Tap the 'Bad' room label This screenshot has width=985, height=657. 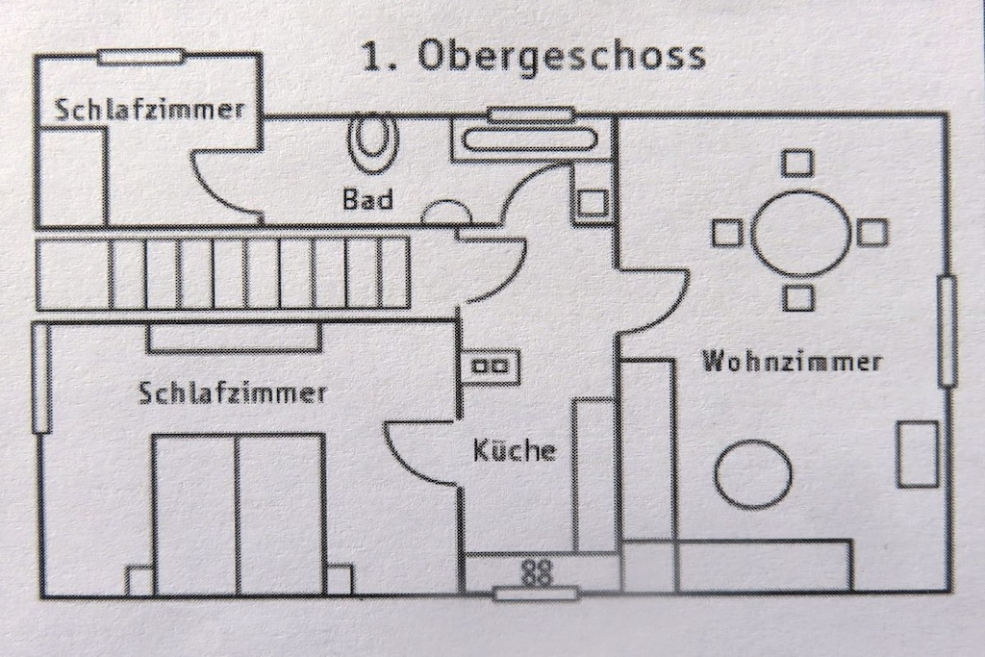[368, 199]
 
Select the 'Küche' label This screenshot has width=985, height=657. [515, 450]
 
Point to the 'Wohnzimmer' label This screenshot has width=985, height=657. [792, 361]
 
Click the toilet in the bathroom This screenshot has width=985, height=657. [374, 143]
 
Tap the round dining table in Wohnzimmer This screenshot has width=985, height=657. [800, 232]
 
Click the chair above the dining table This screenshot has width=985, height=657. [797, 164]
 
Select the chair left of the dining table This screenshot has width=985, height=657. [727, 232]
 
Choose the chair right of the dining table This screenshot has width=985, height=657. [871, 232]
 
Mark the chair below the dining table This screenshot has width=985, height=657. [798, 297]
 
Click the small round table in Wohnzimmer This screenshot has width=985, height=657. [753, 473]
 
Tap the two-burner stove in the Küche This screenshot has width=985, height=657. [492, 366]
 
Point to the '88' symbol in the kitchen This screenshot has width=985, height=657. [537, 572]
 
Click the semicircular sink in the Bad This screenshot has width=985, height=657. [446, 212]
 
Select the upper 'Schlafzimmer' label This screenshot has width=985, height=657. [149, 110]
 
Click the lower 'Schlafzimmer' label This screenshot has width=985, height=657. [233, 393]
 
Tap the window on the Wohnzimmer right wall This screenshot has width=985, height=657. [947, 330]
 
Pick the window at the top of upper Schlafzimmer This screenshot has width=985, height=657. [141, 57]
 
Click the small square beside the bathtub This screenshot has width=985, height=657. [592, 202]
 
